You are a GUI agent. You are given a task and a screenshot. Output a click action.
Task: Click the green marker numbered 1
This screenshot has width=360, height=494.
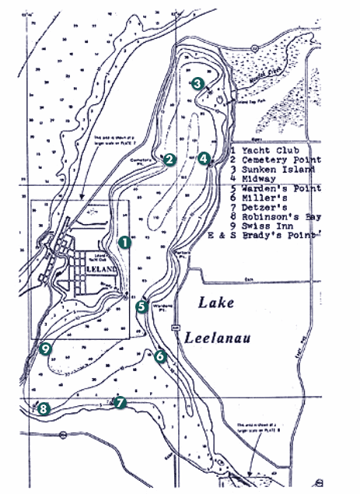[124, 243]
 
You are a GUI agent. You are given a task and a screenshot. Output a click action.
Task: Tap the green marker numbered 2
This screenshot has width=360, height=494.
[169, 159]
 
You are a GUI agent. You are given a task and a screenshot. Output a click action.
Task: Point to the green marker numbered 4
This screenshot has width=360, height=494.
[204, 159]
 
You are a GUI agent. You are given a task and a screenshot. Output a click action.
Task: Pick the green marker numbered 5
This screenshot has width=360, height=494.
[142, 307]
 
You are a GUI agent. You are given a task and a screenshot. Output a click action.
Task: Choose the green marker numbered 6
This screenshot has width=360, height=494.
[160, 356]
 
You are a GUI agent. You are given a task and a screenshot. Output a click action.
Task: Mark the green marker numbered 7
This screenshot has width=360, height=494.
[119, 402]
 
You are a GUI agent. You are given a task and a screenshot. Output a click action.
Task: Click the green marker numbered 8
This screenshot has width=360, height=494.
[43, 408]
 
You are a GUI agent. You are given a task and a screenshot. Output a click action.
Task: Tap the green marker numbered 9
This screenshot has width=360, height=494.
[46, 349]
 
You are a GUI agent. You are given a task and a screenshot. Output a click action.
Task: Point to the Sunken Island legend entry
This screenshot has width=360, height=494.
[278, 169]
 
